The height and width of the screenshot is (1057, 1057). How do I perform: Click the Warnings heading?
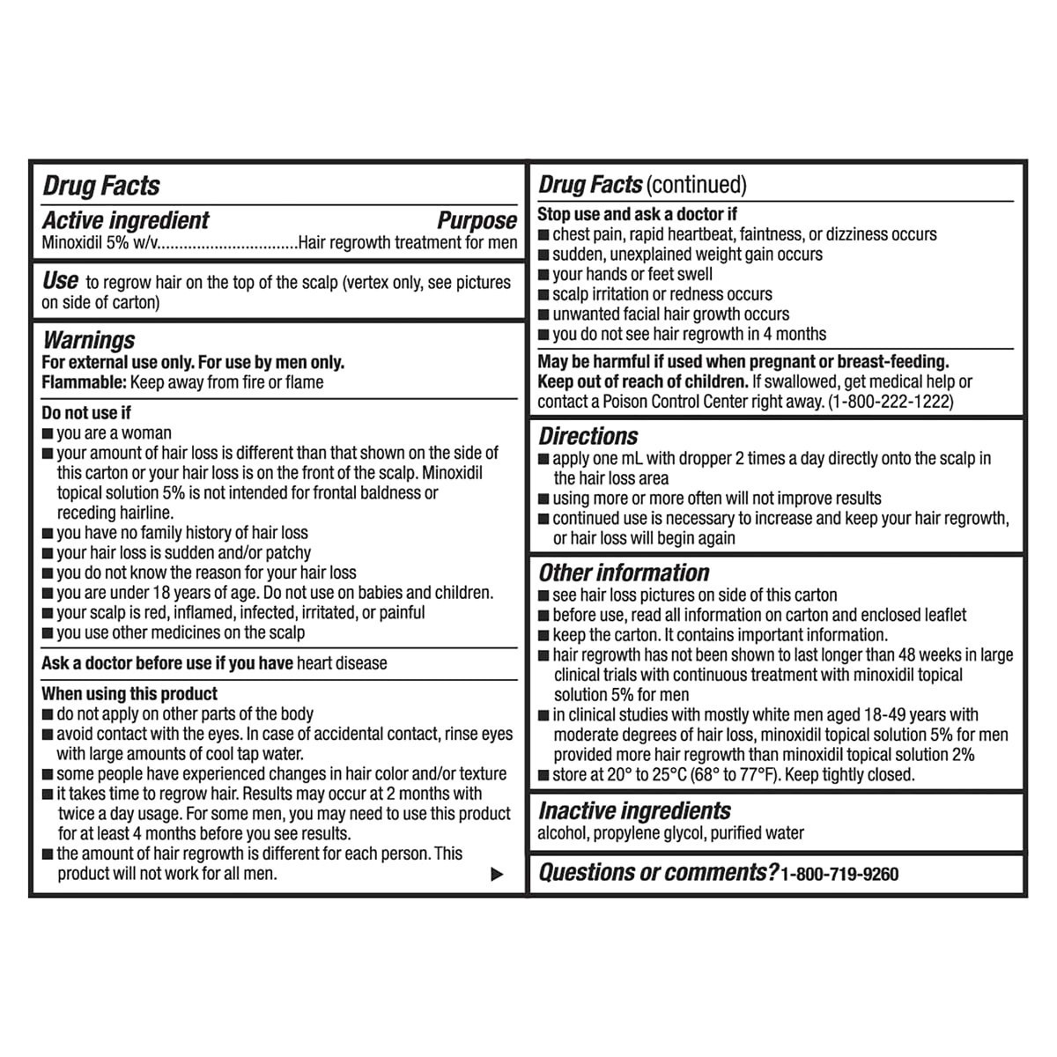click(89, 340)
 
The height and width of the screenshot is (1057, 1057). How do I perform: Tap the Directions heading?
click(588, 436)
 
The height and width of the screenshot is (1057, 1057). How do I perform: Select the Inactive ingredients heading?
click(634, 810)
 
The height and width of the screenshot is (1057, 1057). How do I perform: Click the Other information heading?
click(624, 573)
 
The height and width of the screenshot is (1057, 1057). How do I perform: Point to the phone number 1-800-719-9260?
click(839, 875)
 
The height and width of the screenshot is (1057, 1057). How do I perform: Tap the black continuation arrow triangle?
click(498, 875)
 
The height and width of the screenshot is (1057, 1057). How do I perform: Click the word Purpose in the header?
click(477, 220)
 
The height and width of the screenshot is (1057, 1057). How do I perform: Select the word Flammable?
click(84, 382)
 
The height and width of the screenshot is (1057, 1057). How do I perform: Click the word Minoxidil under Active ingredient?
click(72, 243)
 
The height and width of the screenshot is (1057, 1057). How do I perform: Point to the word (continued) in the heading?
click(696, 185)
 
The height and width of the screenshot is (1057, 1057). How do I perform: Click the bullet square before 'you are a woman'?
click(48, 433)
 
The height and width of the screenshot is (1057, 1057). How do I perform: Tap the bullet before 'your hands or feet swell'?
click(544, 275)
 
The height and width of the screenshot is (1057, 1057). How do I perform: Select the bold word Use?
click(60, 281)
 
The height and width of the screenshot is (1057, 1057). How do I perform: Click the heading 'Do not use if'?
click(86, 412)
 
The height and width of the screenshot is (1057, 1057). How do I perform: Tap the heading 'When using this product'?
click(129, 694)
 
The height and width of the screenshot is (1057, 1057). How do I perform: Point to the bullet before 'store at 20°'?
click(544, 776)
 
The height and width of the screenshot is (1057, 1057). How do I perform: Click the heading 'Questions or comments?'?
click(657, 873)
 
